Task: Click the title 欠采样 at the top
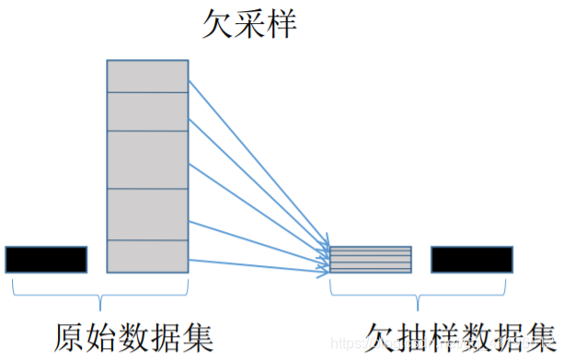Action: pyautogui.click(x=250, y=25)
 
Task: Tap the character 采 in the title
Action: pyautogui.click(x=250, y=25)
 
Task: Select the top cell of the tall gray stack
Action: pyautogui.click(x=147, y=75)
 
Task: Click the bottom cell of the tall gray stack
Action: pyautogui.click(x=147, y=256)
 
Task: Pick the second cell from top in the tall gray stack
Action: pyautogui.click(x=147, y=111)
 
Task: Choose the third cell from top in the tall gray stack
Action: pyautogui.click(x=147, y=159)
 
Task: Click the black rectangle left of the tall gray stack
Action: pyautogui.click(x=46, y=260)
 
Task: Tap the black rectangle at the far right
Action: pyautogui.click(x=472, y=260)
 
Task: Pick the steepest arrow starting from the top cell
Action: pyautogui.click(x=258, y=162)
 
